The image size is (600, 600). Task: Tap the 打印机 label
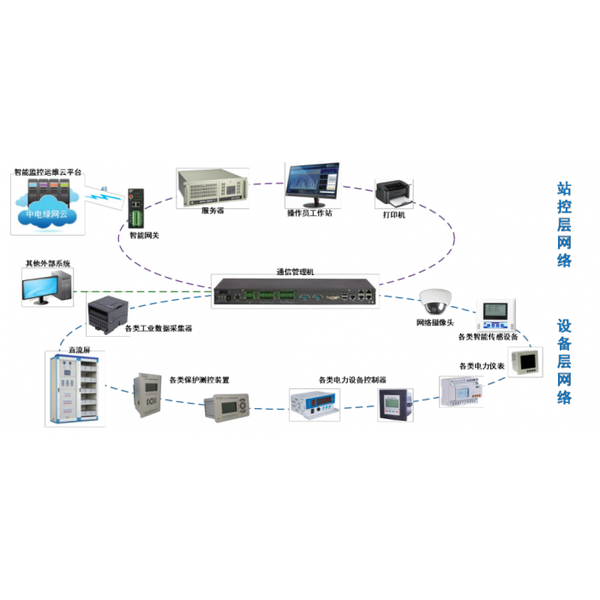click(394, 214)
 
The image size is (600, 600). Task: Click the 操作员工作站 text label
click(309, 213)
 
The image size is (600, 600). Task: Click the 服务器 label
click(213, 210)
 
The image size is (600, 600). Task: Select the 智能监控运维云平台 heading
click(48, 172)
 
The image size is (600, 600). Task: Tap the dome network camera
click(435, 301)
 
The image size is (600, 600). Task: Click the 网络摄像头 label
click(437, 322)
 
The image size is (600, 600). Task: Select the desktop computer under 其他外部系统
click(46, 287)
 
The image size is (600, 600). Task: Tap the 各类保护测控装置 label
click(199, 380)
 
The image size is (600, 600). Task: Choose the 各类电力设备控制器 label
click(352, 380)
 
